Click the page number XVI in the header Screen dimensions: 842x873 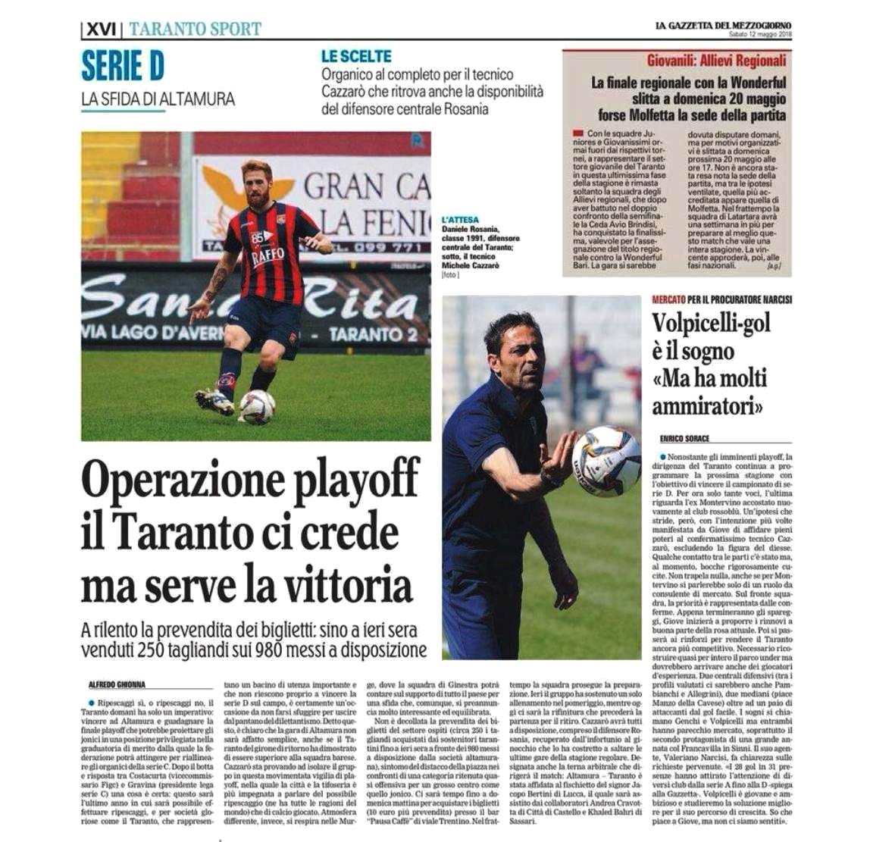tap(100, 30)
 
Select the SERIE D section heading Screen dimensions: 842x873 tap(123, 67)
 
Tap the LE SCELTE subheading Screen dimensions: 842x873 tap(356, 57)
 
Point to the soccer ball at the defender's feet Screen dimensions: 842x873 tap(257, 406)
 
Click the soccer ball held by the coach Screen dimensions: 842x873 tap(605, 459)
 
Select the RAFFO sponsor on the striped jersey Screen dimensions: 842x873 tap(268, 255)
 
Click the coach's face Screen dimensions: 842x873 tap(516, 349)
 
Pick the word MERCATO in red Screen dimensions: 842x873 tap(669, 300)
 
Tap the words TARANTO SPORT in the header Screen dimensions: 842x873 tap(195, 30)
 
